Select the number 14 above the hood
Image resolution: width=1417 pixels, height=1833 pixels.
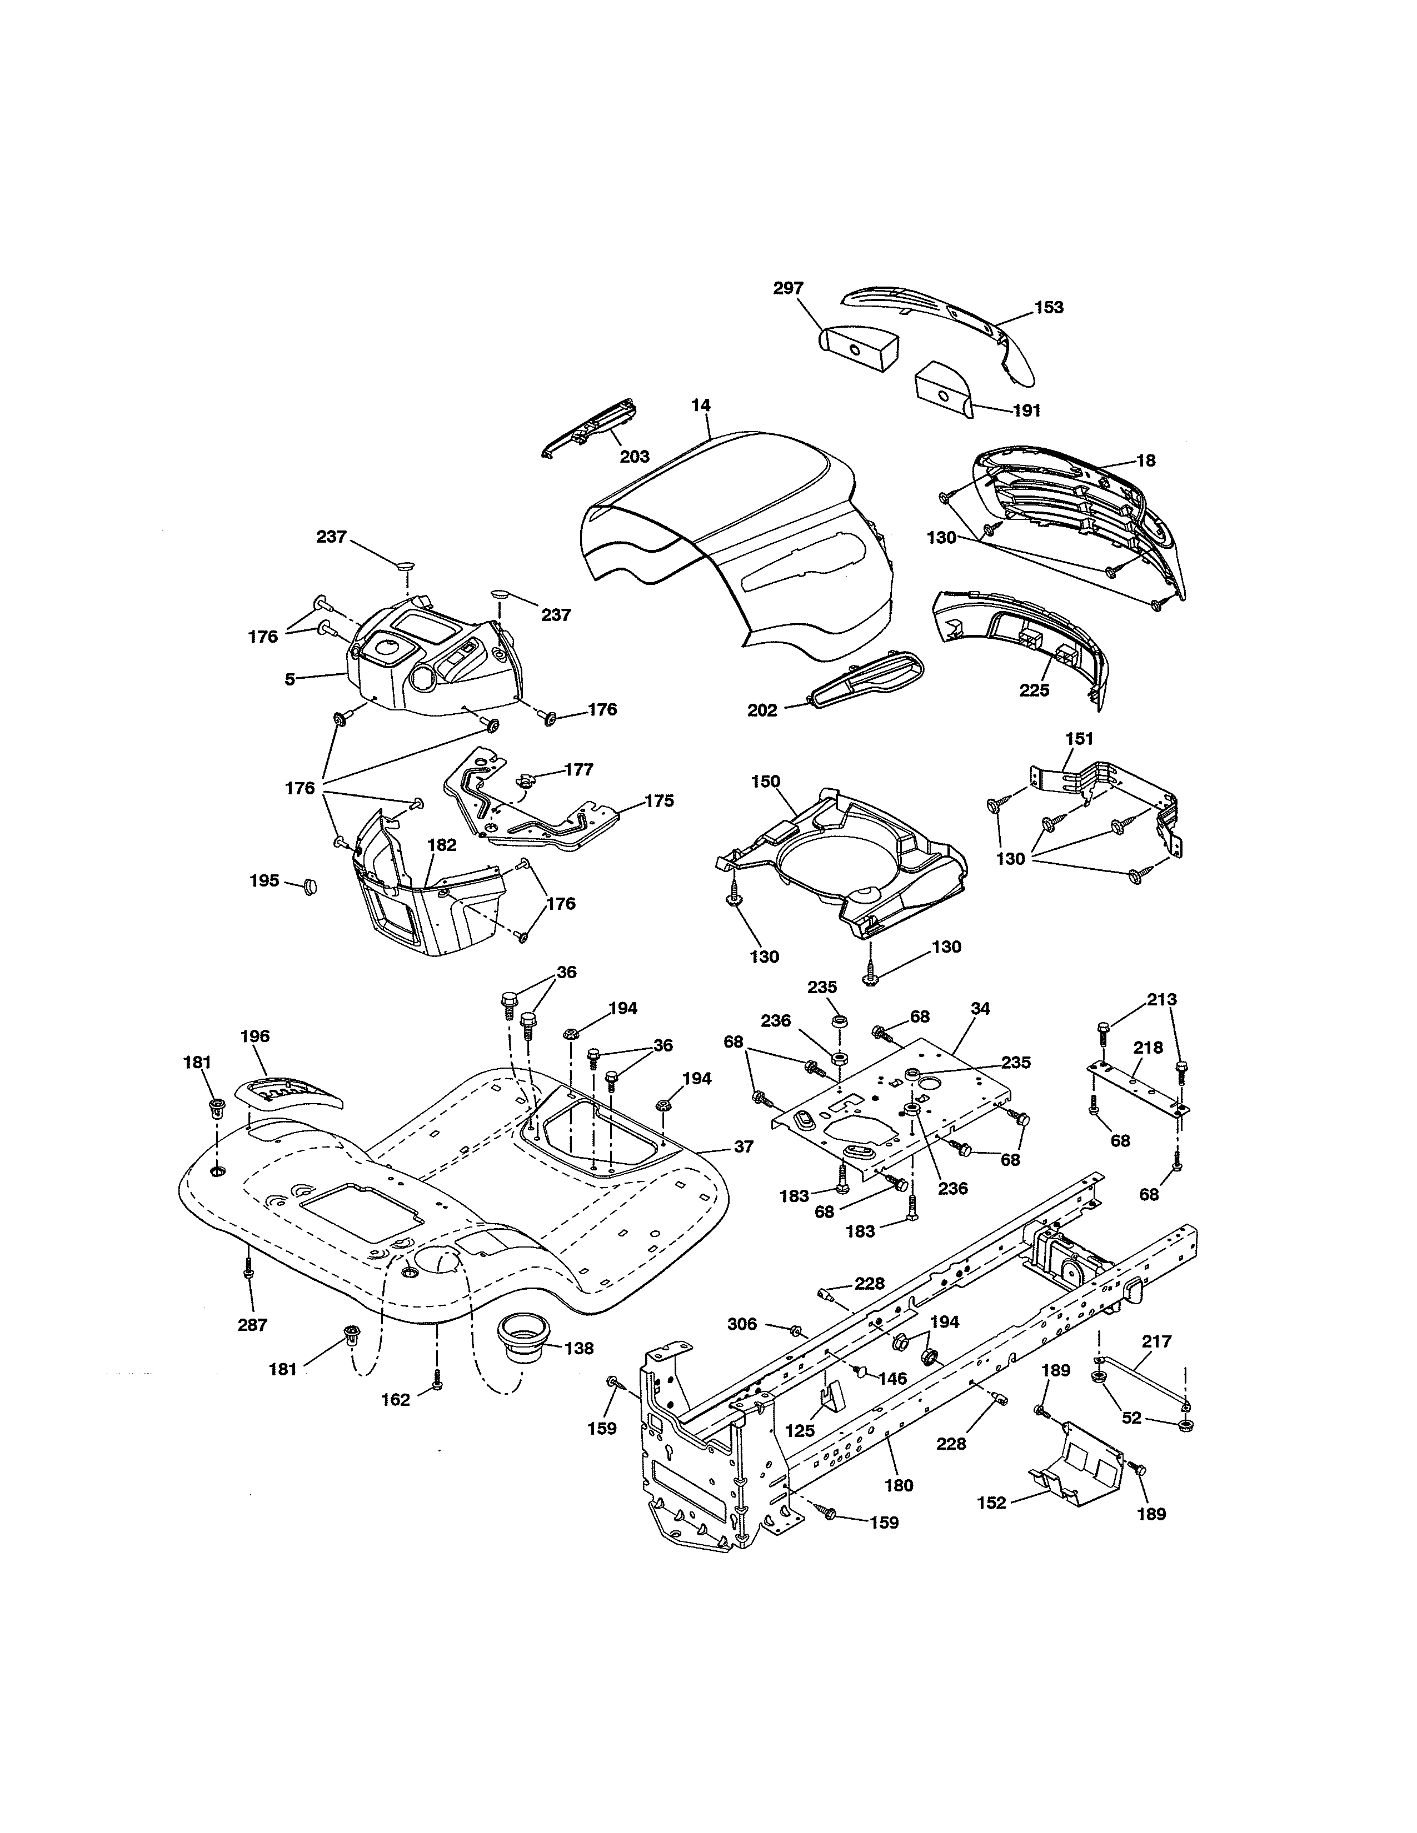[x=701, y=405]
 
